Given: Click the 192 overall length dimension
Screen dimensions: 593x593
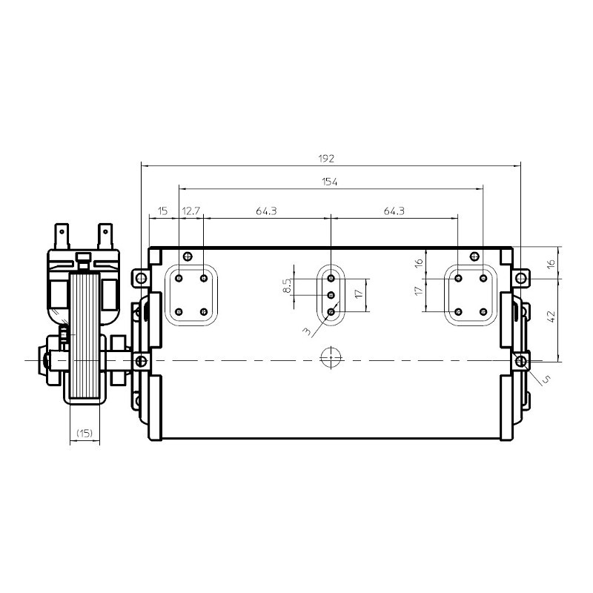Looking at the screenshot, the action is pos(326,159).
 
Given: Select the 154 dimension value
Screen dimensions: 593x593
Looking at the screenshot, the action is pos(329,182).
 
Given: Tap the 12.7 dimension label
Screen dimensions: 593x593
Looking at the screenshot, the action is pos(191,211).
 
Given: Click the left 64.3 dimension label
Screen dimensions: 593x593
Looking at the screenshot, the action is pos(266,211).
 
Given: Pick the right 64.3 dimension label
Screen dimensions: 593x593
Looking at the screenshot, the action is pos(394,211).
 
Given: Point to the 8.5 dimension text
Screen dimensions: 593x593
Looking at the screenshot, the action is pos(287,286).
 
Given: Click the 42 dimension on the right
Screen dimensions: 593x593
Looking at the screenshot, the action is pos(551,317).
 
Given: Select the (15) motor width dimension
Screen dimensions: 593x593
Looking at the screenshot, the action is pos(85,433).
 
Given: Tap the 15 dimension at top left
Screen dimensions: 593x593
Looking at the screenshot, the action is pos(162,211).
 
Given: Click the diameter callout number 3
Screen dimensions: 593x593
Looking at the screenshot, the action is pos(308,331).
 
